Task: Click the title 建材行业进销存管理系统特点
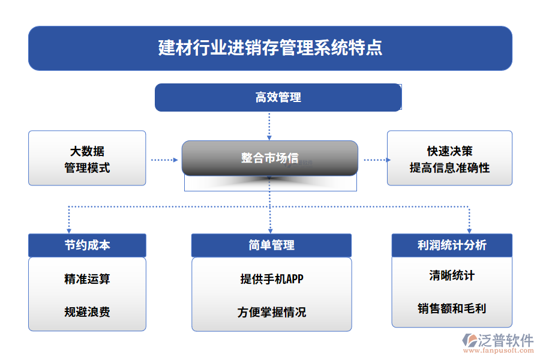coord(270,48)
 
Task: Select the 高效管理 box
coord(278,97)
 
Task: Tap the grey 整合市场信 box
coord(270,158)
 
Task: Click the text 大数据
coord(87,151)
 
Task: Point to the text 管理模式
coord(87,168)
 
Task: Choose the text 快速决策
coord(449,151)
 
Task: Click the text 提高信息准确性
coord(449,168)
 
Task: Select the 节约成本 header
coord(87,245)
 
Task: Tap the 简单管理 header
coord(271,245)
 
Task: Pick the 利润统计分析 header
coord(452,245)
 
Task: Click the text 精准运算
coord(87,279)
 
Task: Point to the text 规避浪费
coord(87,312)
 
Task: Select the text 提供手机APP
coord(271,279)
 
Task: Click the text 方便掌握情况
coord(271,312)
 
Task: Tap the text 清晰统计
coord(452,275)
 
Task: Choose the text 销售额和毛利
coord(452,308)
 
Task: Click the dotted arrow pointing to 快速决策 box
coord(375,160)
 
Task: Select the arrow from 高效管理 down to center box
coord(269,125)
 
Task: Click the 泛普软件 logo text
coord(505,341)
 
